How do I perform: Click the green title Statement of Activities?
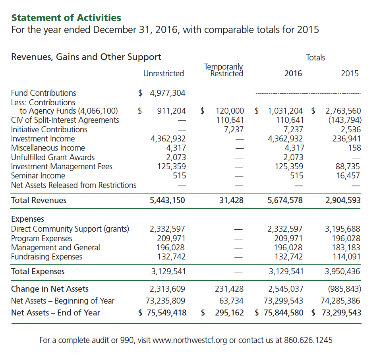pos(66,18)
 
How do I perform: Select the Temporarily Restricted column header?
pos(223,70)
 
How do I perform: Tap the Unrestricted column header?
pos(164,74)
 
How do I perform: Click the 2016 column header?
pos(293,74)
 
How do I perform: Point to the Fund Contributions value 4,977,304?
pos(168,93)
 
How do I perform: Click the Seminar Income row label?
pos(38,176)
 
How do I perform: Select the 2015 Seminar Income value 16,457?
pos(348,176)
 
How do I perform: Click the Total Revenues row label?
pos(39,200)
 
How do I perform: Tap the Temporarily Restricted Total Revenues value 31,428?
pos(231,200)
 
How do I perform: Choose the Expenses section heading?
pos(27,219)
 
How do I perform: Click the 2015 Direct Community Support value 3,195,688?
pos(342,229)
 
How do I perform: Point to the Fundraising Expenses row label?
pos(46,257)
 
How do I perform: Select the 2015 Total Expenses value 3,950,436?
pos(342,272)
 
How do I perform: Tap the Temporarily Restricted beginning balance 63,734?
pos(232,301)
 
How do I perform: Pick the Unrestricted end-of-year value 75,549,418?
pos(166,313)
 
